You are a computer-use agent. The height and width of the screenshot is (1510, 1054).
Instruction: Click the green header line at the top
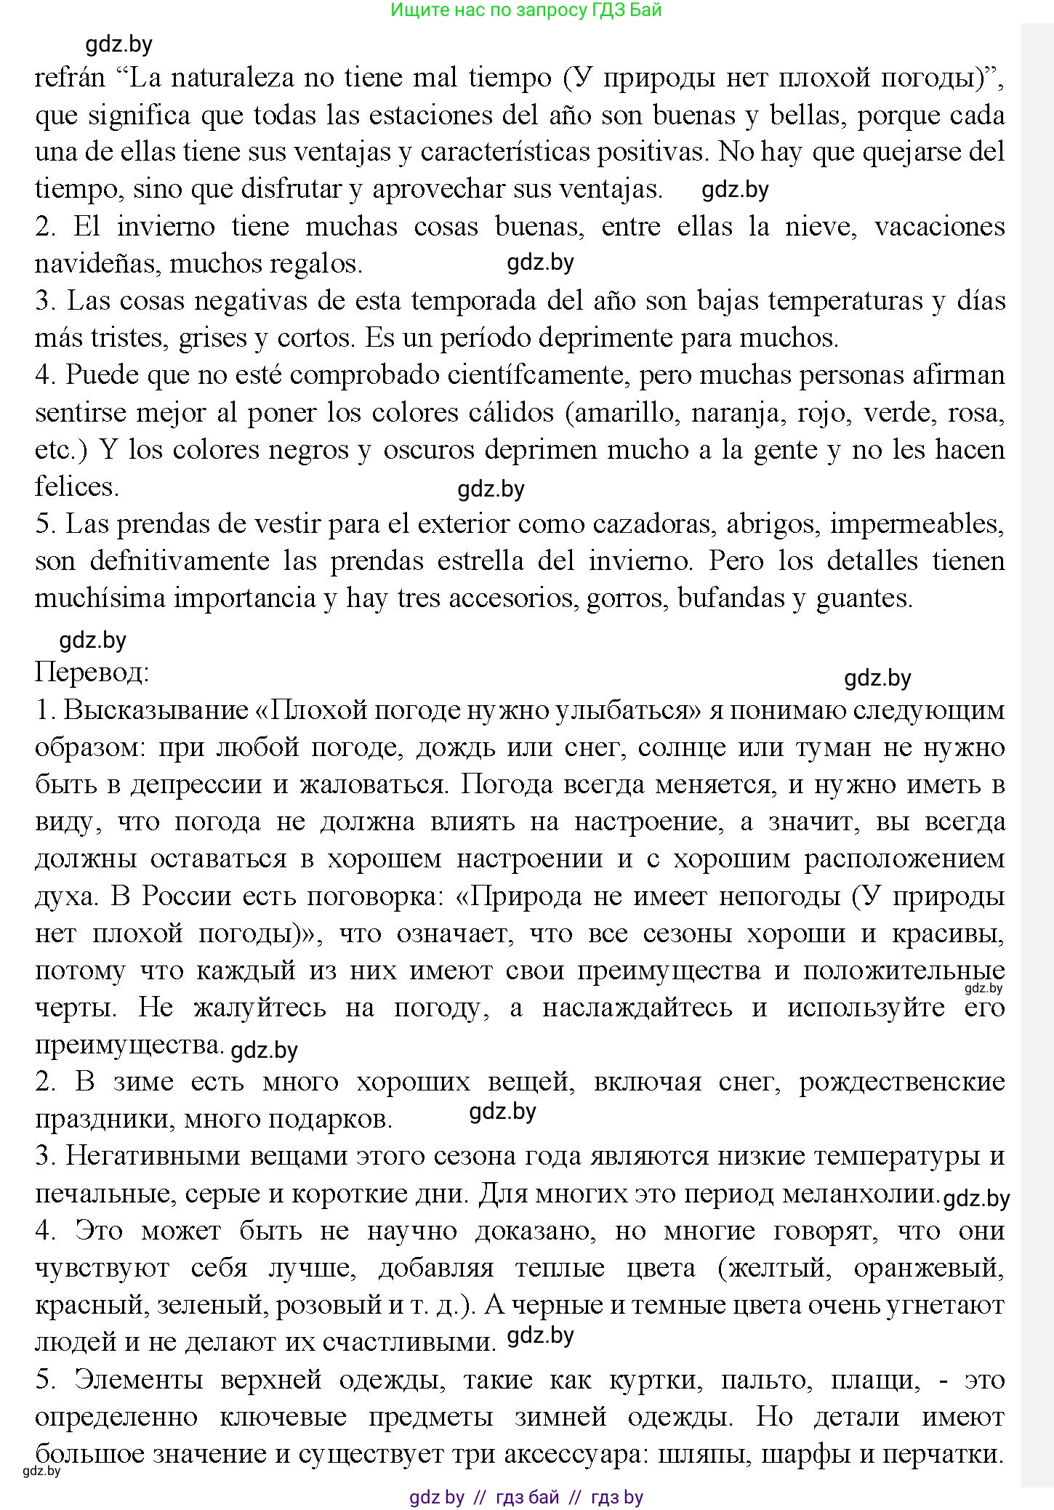tap(526, 10)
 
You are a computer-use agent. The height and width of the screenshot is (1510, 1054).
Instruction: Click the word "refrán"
tap(70, 78)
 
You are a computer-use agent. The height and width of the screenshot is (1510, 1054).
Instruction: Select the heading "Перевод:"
tap(92, 672)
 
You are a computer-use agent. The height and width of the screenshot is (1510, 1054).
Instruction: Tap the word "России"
tap(185, 896)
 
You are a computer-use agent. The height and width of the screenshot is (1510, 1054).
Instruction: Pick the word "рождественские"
tap(902, 1082)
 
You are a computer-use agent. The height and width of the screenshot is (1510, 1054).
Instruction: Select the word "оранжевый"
tap(928, 1268)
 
